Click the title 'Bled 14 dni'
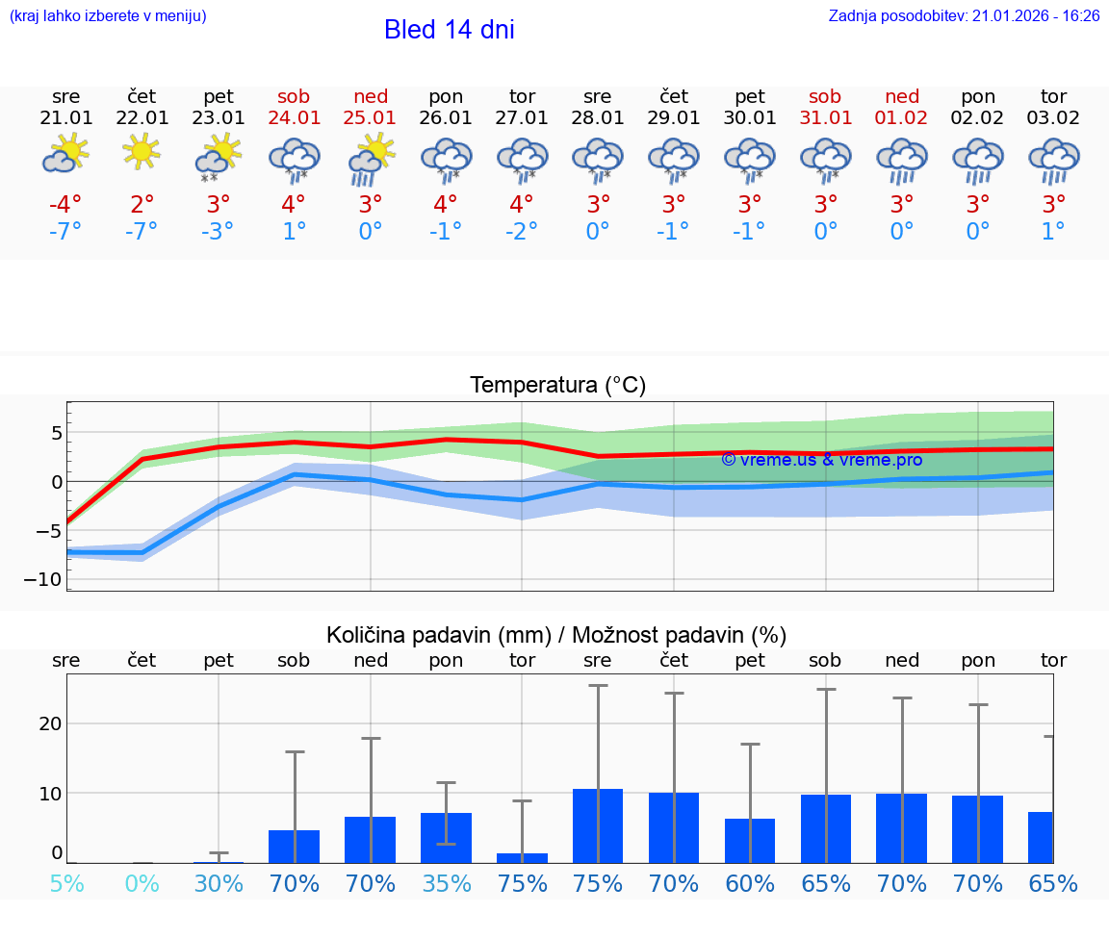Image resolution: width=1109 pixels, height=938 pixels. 449,30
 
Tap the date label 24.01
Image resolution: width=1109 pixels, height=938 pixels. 294,117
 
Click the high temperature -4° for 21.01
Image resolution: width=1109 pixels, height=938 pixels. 65,206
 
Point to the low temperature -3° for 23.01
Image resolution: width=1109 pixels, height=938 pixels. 218,232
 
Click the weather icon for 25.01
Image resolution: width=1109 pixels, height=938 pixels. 371,158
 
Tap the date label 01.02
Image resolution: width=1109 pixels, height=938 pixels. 902,117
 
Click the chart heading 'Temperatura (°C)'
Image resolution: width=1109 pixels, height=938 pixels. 557,386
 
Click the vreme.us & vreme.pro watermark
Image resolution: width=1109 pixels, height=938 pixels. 821,460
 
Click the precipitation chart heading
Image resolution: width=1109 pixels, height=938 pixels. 556,635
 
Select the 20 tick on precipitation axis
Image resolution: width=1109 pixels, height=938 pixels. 51,723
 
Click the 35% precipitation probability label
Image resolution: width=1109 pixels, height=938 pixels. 447,883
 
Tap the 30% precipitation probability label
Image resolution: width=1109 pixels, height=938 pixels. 219,883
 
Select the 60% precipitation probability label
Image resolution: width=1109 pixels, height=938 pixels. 750,883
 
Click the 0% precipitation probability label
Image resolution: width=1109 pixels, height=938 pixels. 142,883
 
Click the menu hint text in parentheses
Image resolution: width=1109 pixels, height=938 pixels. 108,15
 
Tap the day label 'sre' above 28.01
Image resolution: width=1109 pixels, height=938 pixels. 598,96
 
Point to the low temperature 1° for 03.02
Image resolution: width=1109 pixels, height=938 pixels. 1053,232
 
